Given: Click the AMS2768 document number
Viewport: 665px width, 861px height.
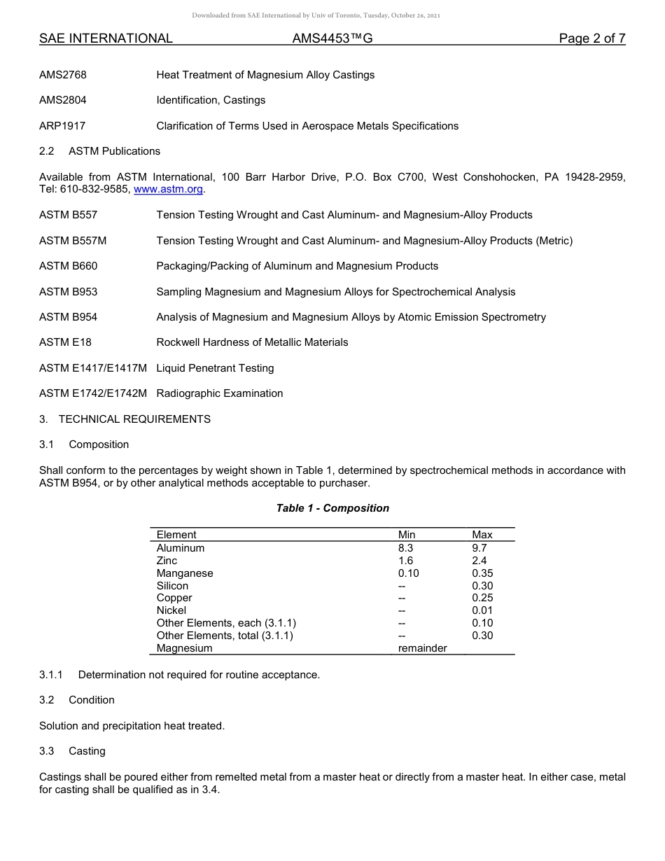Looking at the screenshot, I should (x=63, y=75).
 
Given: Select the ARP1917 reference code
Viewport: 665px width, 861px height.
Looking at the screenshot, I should (x=62, y=126).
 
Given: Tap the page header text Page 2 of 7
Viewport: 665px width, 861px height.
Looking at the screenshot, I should (x=591, y=38).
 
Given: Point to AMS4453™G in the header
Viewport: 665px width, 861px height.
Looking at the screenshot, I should (x=332, y=38).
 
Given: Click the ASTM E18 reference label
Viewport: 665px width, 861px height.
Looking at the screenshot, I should (x=65, y=342).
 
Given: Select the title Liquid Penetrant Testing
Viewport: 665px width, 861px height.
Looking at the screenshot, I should (x=215, y=368).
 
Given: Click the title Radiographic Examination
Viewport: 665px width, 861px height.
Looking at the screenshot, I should (x=219, y=393).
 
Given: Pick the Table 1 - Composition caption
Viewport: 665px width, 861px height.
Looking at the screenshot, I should (x=332, y=508).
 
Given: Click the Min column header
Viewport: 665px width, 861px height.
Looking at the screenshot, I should (x=407, y=535).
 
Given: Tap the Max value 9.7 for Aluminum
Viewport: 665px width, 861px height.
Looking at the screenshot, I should (x=479, y=548).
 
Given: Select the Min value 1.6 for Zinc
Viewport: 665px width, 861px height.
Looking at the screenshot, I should (x=405, y=561).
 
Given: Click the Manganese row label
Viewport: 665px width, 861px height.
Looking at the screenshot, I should (x=185, y=573).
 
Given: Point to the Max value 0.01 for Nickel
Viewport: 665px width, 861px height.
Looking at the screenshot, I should (x=482, y=610).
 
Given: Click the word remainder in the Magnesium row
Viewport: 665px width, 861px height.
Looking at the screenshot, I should (x=422, y=648).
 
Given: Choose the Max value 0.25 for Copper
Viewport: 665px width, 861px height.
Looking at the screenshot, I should (x=482, y=598).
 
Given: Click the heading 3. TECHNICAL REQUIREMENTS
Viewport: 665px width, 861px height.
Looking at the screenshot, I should (x=125, y=419).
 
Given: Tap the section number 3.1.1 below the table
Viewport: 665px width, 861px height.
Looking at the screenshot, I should (x=51, y=675).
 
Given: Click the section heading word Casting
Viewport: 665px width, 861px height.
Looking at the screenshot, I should (x=87, y=751).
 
